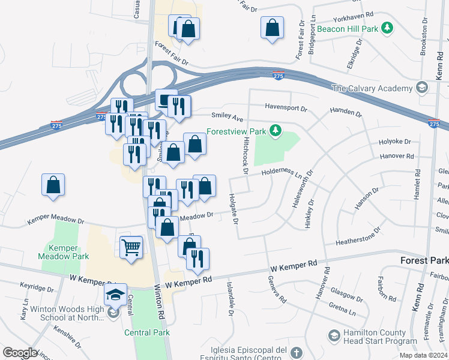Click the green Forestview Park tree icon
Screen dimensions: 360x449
[x=276, y=130]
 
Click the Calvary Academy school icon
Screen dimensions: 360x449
[x=422, y=88]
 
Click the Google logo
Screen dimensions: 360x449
[x=20, y=353]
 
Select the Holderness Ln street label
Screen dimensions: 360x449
[x=282, y=173]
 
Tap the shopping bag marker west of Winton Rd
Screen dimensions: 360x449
[x=53, y=185]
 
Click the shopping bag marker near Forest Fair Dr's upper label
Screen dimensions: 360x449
[x=272, y=28]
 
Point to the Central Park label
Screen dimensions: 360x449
[x=147, y=332]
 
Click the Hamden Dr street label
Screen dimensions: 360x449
[x=345, y=112]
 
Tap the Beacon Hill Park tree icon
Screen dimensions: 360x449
[x=388, y=28]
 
